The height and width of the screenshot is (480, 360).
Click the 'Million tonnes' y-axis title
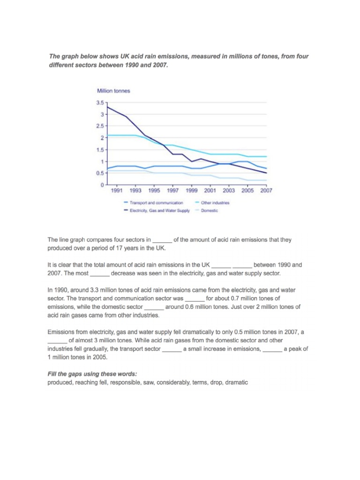pyautogui.click(x=113, y=90)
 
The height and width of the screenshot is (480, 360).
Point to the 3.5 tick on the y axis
pyautogui.click(x=100, y=103)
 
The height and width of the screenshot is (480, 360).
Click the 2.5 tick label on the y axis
pyautogui.click(x=100, y=126)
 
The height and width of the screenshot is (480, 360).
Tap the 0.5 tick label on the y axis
pyautogui.click(x=100, y=173)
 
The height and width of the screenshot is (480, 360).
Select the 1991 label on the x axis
pyautogui.click(x=117, y=191)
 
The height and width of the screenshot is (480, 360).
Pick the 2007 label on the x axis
pyautogui.click(x=266, y=191)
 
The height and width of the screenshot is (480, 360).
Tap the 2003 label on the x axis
pyautogui.click(x=229, y=191)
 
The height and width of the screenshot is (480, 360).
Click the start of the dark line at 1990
pyautogui.click(x=108, y=107)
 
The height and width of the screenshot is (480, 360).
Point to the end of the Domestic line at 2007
pyautogui.click(x=266, y=180)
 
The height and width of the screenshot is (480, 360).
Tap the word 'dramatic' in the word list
pyautogui.click(x=237, y=382)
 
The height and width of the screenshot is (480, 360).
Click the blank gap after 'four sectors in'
pyautogui.click(x=163, y=240)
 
